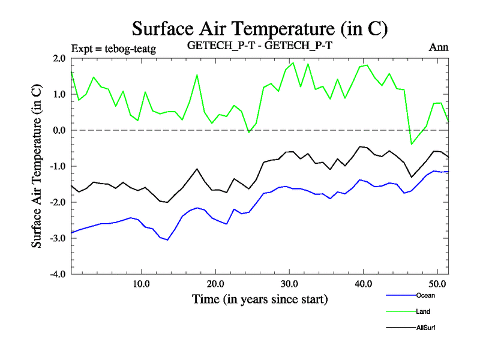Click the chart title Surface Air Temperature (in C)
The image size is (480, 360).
tap(260, 29)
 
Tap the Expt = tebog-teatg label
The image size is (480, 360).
tap(113, 49)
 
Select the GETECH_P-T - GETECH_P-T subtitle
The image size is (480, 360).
tap(259, 47)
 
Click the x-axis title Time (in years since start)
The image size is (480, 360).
tap(260, 298)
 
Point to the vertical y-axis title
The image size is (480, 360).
tap(37, 166)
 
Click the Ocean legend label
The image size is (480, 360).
tap(425, 295)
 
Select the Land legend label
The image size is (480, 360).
tap(423, 311)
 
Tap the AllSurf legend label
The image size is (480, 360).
tap(425, 328)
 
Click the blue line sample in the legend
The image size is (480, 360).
tap(399, 295)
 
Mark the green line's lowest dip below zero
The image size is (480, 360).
tap(412, 144)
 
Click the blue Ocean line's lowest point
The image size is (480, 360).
tap(167, 240)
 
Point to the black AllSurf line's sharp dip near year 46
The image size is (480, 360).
tap(412, 177)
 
